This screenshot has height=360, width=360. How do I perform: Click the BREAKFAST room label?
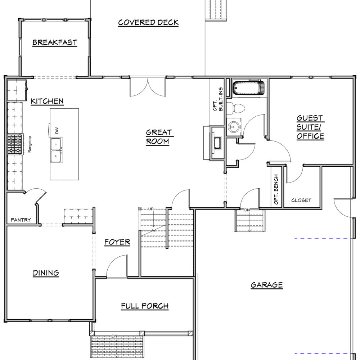click(x=55, y=42)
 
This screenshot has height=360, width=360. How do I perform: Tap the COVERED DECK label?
click(x=148, y=22)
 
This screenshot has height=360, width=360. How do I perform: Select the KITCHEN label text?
click(x=47, y=101)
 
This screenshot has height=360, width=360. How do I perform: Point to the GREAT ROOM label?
click(x=158, y=137)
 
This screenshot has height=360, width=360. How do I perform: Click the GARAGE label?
click(x=266, y=285)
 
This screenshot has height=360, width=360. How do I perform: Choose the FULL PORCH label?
click(x=145, y=306)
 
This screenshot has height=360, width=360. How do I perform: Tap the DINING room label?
click(x=46, y=273)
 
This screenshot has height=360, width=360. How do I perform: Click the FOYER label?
click(x=117, y=242)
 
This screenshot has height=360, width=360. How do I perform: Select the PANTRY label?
click(x=21, y=220)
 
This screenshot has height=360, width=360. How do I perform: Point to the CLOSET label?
click(x=301, y=201)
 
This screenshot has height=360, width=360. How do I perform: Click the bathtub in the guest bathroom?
click(x=249, y=87)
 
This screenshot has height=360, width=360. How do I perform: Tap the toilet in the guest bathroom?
click(x=236, y=108)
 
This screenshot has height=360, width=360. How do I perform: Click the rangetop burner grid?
click(x=15, y=144)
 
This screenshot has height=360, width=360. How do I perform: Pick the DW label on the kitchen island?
click(x=57, y=131)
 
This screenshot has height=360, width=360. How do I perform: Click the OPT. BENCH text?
click(x=276, y=189)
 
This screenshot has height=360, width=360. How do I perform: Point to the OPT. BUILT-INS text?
click(x=218, y=99)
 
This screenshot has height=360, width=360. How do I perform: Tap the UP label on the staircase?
click(x=151, y=209)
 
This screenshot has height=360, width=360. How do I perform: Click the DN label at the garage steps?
click(x=247, y=210)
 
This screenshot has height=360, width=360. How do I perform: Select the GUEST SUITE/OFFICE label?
click(x=310, y=127)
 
